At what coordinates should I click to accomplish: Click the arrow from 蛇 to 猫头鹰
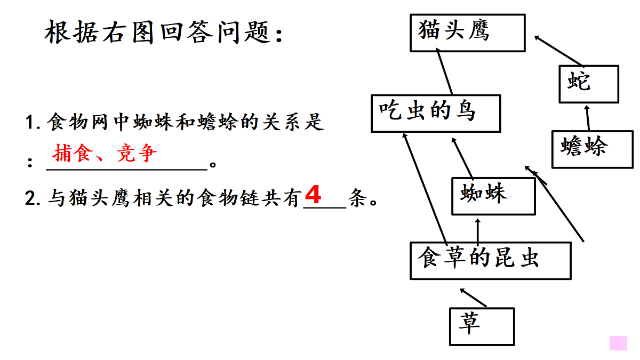tap(558, 51)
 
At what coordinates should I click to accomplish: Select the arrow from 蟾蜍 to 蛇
tap(587, 118)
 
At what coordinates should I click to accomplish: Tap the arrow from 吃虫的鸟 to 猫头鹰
tap(444, 71)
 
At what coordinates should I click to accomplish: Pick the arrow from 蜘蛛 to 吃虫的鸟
tap(462, 158)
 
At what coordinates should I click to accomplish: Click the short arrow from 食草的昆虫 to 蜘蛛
tap(478, 231)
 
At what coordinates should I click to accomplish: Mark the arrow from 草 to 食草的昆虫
tap(473, 298)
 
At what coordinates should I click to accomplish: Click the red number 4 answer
tap(313, 194)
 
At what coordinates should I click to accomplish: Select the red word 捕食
tap(73, 153)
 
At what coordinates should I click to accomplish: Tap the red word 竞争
tap(137, 153)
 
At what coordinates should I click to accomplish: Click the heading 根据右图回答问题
tap(163, 32)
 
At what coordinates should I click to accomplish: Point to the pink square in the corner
tap(618, 343)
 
